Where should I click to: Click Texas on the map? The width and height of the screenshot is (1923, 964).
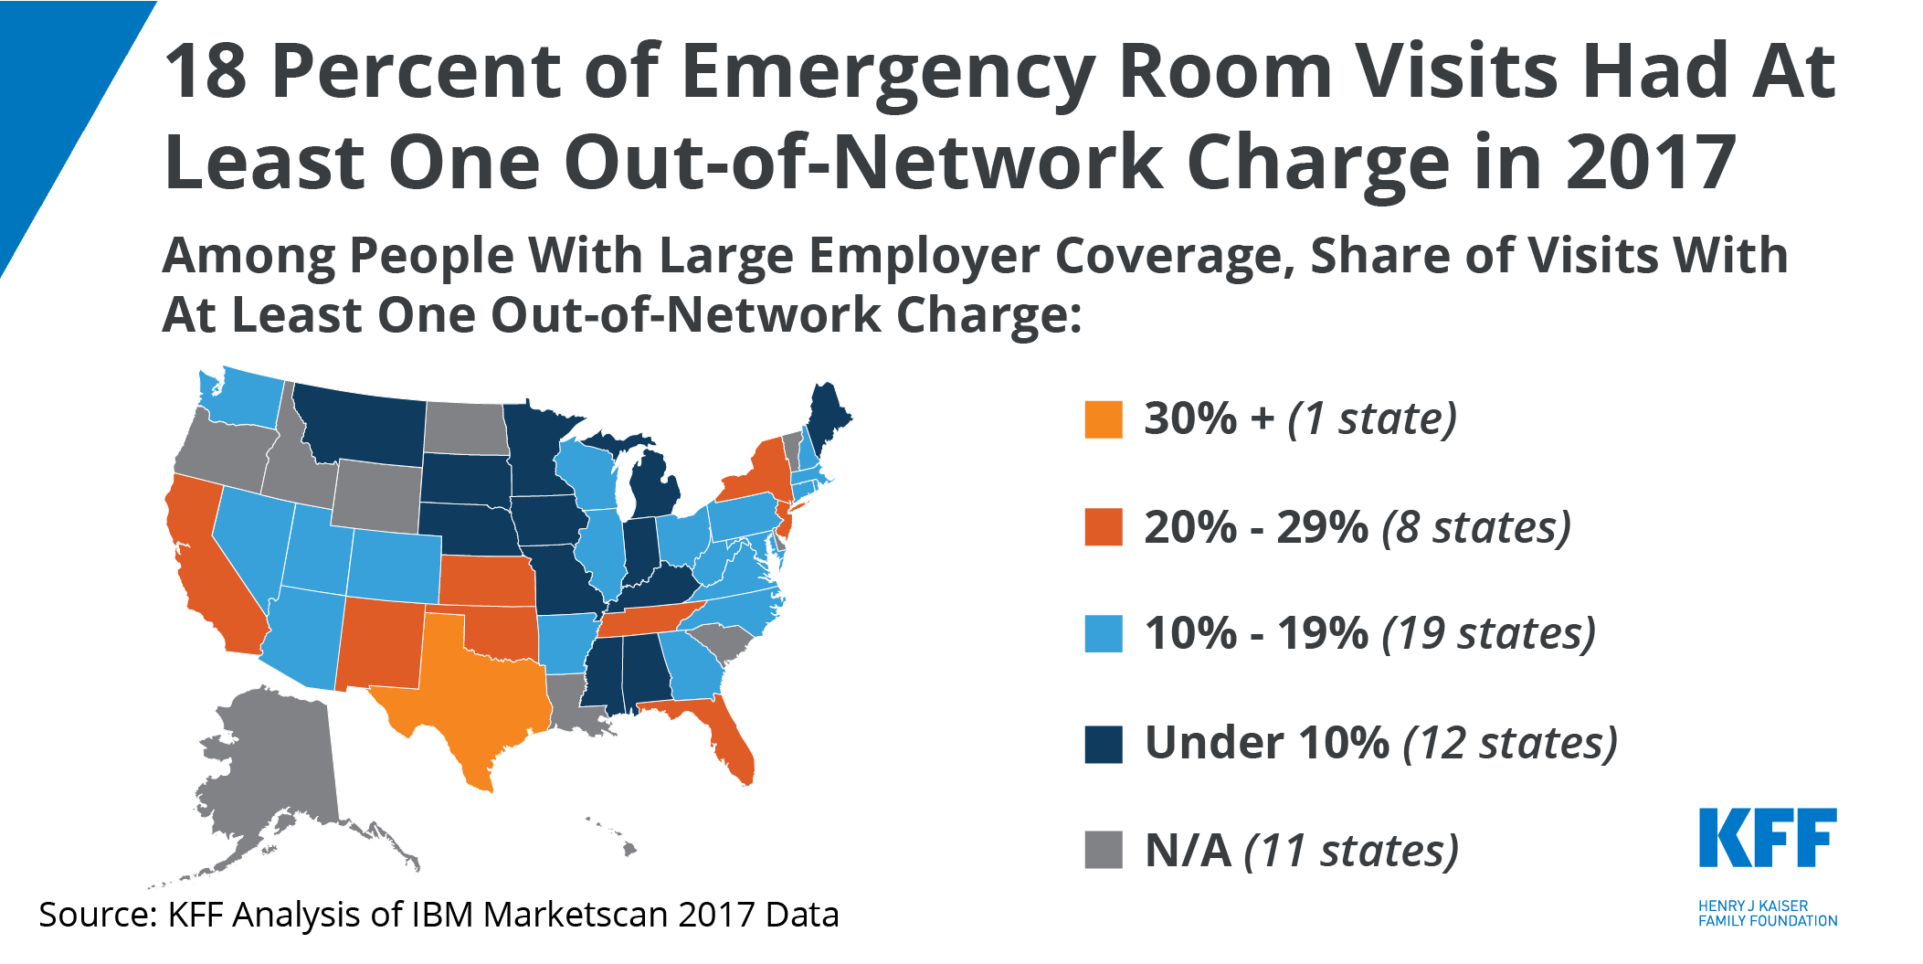466,694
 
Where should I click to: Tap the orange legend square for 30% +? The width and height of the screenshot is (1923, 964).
1103,420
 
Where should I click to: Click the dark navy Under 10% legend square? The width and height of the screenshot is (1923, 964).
1103,744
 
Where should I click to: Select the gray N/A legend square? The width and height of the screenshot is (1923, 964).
1103,850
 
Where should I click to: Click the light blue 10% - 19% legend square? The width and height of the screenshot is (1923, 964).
1103,634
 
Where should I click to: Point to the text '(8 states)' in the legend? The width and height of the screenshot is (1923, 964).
1476,528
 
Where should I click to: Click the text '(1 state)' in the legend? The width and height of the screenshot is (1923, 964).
1372,419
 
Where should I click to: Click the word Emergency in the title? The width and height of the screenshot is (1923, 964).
887,73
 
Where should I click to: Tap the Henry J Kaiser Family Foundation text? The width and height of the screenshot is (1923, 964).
1767,913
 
